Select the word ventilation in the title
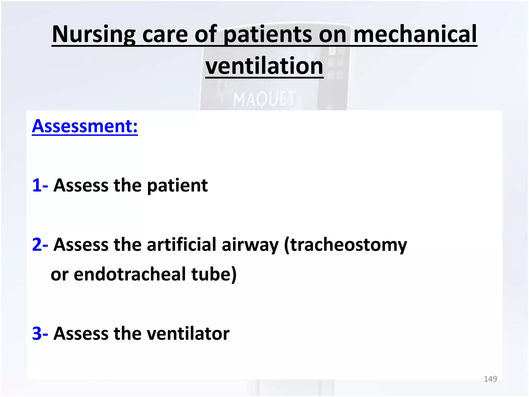coord(264,66)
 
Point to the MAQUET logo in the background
coord(264,99)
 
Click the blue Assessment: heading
coord(85,126)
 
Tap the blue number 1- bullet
coord(40,185)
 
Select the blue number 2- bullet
coord(40,245)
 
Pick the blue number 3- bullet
coord(40,333)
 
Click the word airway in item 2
coord(250,245)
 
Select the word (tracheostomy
coord(345,245)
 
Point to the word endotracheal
coord(129,274)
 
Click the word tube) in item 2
coord(214,274)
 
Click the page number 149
coord(490,379)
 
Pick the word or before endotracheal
coord(60,274)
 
